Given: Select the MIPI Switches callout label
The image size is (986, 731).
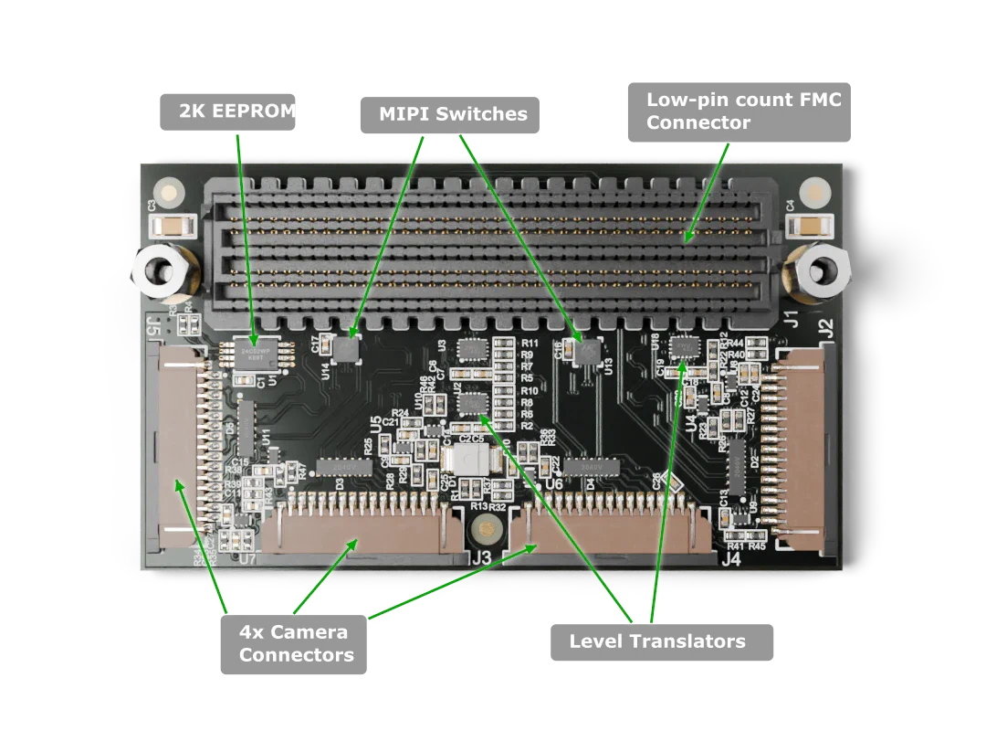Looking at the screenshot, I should click(453, 115).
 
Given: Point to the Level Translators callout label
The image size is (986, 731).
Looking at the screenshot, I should click(657, 641).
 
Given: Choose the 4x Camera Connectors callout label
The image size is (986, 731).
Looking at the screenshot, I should click(294, 644).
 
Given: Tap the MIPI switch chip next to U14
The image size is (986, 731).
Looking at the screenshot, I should click(347, 347).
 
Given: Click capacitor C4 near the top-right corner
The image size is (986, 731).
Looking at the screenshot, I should click(812, 225).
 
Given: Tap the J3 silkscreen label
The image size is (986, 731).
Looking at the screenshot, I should click(481, 557).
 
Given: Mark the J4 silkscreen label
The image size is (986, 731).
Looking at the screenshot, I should click(730, 558).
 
